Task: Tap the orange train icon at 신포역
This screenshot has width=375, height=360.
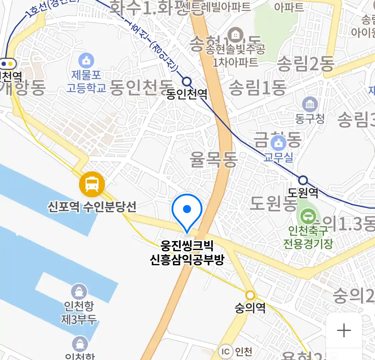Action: point(92,184)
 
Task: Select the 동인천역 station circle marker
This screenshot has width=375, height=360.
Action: point(187,81)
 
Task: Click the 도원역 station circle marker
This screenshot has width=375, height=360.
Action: point(303,180)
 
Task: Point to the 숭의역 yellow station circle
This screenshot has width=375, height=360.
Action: point(250,295)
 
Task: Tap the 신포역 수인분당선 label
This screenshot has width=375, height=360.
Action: point(92,207)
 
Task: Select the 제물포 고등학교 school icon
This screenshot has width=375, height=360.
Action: point(86,61)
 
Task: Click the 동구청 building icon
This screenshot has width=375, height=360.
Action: point(310,105)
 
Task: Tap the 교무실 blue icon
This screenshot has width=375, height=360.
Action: point(278,144)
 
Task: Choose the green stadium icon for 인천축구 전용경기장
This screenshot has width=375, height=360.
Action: point(308,217)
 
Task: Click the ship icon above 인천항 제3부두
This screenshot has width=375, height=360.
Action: point(79,292)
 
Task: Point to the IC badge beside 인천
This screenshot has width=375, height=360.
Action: point(226,351)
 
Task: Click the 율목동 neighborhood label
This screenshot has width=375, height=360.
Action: point(213,159)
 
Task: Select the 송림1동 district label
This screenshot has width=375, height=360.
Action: point(257,88)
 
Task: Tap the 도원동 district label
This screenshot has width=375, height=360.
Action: point(273,203)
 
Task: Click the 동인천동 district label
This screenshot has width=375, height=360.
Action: point(141,88)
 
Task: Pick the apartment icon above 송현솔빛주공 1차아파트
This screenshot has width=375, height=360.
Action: point(235,35)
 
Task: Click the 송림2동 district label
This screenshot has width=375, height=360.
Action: point(305,64)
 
